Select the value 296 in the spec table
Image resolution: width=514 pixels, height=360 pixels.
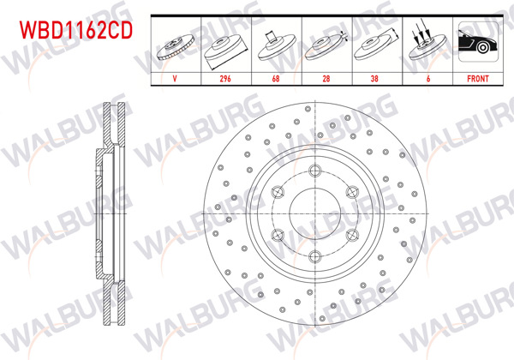coord(226,77)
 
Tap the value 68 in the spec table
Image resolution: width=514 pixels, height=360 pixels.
coord(276,77)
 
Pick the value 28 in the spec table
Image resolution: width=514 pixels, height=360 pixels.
coord(326,77)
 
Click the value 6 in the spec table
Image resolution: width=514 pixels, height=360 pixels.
coord(427,77)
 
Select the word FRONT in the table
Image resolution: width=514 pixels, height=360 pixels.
coord(476,77)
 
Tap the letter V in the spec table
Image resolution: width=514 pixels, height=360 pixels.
coord(176,77)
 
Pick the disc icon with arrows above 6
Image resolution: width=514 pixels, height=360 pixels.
coord(427,45)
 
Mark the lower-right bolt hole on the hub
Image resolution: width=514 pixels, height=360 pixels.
coord(354,233)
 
